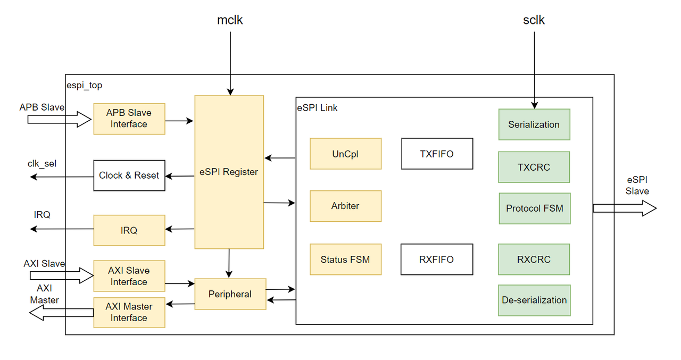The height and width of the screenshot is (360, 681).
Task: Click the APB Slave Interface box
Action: point(129,119)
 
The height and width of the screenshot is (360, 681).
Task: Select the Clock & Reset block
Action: point(129,175)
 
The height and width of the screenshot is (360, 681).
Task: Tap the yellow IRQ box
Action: point(129,230)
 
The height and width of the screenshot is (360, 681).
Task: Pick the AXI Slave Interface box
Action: point(129,276)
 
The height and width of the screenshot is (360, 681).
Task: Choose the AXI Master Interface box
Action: point(129,312)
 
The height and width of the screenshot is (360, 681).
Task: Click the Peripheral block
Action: point(230,294)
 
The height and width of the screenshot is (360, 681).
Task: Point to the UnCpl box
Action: point(346,154)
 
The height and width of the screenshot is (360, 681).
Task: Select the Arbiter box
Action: point(346,206)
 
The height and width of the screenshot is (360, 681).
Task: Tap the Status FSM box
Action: point(346,259)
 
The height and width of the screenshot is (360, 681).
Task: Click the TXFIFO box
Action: point(437,154)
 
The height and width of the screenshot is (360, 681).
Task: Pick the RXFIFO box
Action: point(437,259)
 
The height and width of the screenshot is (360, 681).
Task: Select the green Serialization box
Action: point(534,124)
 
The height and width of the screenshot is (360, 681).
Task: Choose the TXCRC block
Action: point(534,167)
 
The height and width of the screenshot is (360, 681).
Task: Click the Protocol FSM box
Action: point(535,208)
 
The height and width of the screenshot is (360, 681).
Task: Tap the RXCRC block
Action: point(534,259)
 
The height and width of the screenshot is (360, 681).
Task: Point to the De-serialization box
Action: point(534,300)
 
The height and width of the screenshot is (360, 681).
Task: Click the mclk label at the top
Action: point(230,20)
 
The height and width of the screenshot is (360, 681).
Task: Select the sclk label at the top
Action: point(534,20)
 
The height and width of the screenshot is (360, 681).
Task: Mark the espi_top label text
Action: point(85,86)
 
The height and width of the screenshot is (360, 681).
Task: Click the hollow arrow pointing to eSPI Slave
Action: point(625,208)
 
